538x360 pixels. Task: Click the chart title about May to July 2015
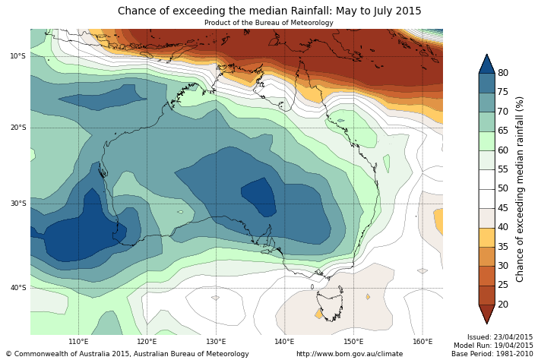(269, 11)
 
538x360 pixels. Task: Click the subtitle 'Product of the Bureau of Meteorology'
(269, 23)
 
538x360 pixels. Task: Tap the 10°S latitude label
(17, 56)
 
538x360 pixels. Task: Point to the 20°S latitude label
(17, 128)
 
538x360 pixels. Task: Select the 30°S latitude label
(17, 204)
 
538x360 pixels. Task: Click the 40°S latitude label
(17, 288)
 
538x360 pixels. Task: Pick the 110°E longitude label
(78, 342)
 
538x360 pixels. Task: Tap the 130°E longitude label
(216, 342)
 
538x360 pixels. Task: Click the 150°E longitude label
(353, 342)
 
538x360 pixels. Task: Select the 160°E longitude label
(422, 342)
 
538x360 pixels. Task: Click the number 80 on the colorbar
(503, 73)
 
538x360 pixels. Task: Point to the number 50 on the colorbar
(503, 188)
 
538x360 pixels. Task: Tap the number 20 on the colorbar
(503, 305)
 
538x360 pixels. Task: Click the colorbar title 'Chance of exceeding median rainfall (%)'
(521, 188)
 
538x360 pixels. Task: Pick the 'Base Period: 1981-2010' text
(492, 354)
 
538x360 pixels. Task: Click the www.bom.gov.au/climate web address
(350, 354)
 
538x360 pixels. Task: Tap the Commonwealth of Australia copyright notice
(127, 354)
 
